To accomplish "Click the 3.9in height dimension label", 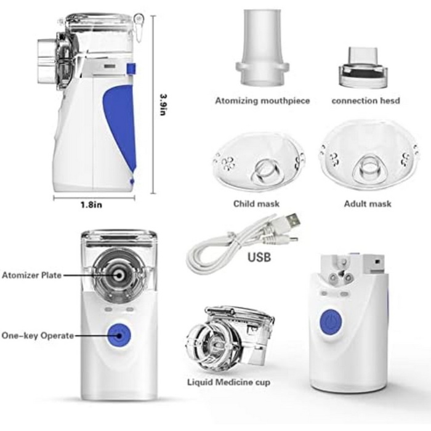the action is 164,105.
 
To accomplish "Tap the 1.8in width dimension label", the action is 91,205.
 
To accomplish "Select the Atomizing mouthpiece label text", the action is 262,100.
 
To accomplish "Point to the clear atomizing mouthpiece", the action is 262,47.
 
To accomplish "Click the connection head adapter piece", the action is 364,68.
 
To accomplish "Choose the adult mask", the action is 369,156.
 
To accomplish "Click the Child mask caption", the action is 256,204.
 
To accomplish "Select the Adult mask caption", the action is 368,204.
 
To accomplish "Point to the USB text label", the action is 259,257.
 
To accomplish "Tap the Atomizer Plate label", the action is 31,275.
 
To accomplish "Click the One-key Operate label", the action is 38,336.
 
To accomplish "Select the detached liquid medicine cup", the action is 230,339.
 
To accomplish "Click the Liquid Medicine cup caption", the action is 228,382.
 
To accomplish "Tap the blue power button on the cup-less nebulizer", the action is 331,322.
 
